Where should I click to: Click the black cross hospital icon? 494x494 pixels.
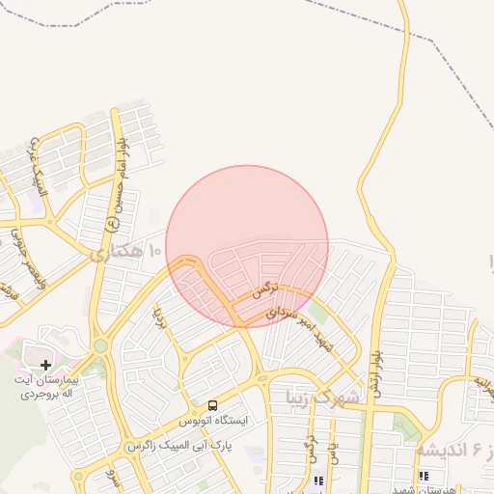(x=45, y=365)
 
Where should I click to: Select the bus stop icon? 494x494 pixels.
(x=212, y=405)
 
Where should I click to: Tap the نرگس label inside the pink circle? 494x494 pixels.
(x=264, y=288)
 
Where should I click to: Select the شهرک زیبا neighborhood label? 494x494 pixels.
(x=321, y=396)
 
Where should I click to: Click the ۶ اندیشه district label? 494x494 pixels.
(x=455, y=450)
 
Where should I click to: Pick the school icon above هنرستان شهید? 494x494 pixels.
(x=424, y=476)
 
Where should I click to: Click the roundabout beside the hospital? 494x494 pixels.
(x=99, y=345)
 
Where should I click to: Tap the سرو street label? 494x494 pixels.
(x=113, y=477)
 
